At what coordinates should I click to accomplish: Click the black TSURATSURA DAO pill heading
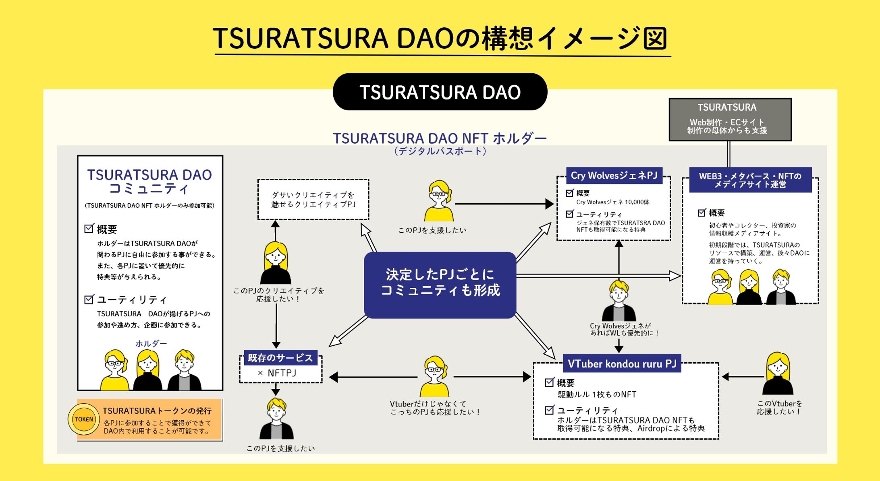click(x=440, y=92)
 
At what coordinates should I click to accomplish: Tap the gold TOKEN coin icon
click(x=84, y=419)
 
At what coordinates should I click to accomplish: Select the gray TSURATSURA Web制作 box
click(x=730, y=120)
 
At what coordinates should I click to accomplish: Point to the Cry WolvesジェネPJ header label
click(x=614, y=175)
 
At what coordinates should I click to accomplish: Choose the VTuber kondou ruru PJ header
click(x=622, y=364)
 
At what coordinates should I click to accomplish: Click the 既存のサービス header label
click(x=280, y=358)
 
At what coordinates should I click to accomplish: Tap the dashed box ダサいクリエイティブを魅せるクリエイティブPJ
click(x=313, y=200)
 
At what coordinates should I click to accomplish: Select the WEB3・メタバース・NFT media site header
click(x=750, y=180)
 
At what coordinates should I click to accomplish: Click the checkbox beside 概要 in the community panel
click(x=89, y=229)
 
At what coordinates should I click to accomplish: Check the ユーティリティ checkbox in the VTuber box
click(x=549, y=410)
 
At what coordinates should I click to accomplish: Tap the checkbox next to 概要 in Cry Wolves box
click(x=570, y=193)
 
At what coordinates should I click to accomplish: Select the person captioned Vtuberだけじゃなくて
click(x=434, y=377)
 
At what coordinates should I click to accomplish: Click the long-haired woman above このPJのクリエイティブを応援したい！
click(x=276, y=263)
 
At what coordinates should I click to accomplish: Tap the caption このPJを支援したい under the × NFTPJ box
click(x=280, y=448)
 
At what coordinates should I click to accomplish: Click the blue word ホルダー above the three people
click(x=151, y=343)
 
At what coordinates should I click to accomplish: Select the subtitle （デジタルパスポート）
click(x=440, y=151)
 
